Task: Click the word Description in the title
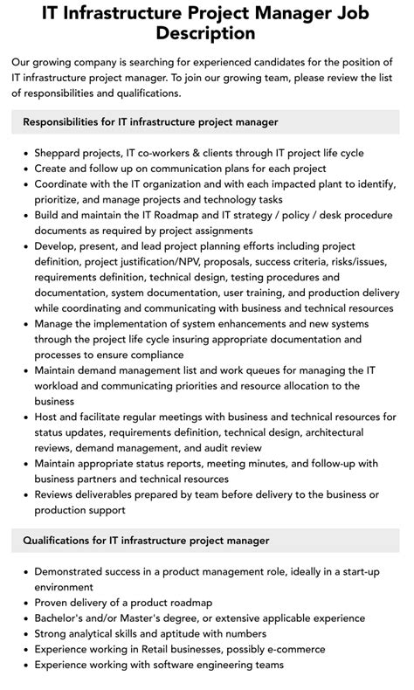click(x=207, y=33)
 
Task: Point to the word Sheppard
click(x=61, y=153)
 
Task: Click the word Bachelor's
click(x=62, y=618)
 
